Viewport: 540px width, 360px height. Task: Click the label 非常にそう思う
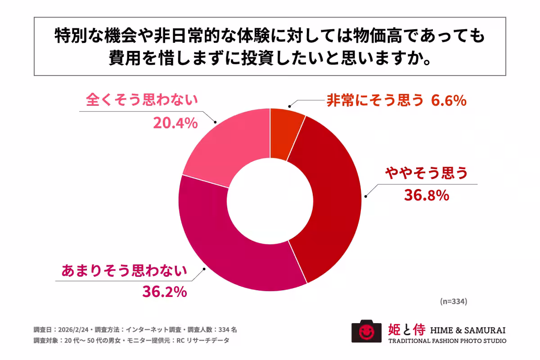point(374,101)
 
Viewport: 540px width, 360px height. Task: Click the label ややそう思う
point(426,173)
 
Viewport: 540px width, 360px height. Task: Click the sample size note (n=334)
point(453,301)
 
